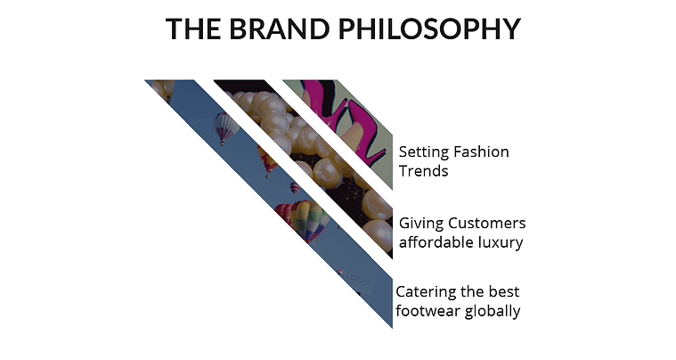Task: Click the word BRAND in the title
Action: (x=280, y=29)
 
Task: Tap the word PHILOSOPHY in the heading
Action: (x=429, y=29)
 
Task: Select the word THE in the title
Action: (x=193, y=29)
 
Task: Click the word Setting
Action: (x=423, y=152)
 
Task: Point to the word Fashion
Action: (x=480, y=151)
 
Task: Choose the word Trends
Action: (x=423, y=171)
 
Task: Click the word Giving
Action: (x=420, y=224)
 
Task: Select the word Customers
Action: (x=486, y=224)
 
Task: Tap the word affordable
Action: (x=436, y=242)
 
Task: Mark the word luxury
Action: (x=501, y=243)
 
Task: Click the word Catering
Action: (x=420, y=293)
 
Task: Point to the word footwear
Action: (x=428, y=311)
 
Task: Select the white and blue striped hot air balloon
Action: (x=225, y=127)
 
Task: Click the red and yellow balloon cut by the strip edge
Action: (x=267, y=160)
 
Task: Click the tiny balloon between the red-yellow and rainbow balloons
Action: (x=296, y=188)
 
